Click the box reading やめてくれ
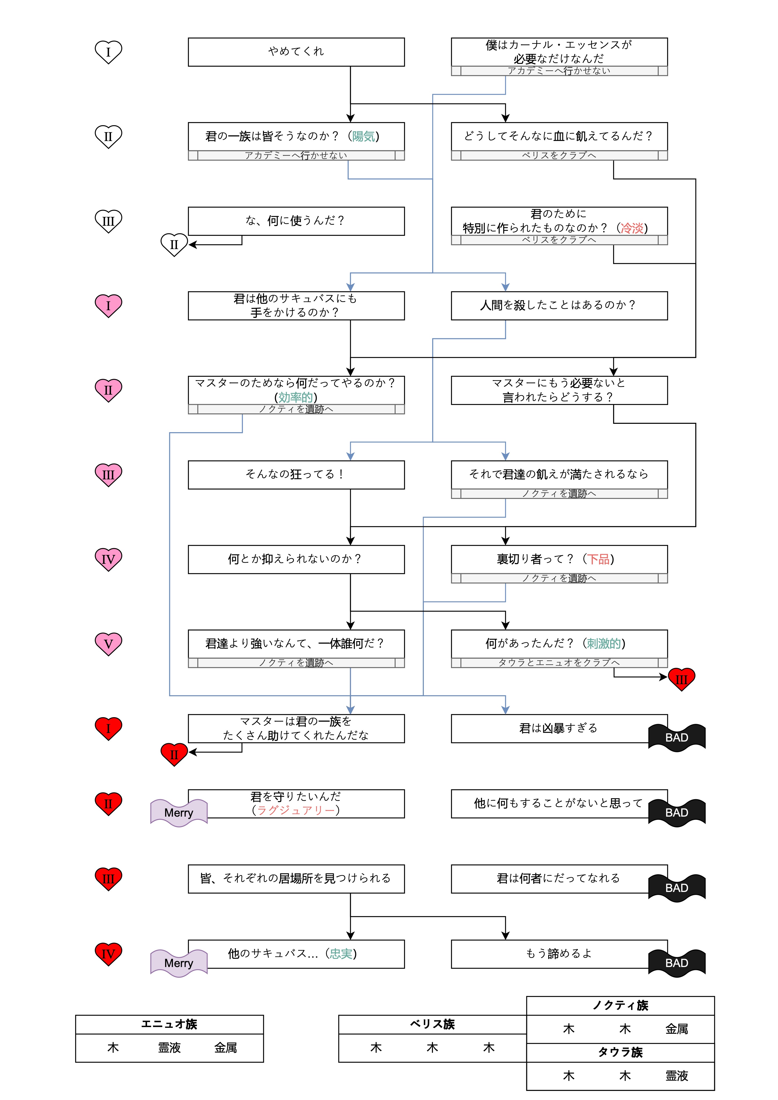click(x=296, y=52)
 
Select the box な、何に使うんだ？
click(x=296, y=221)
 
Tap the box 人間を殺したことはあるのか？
click(x=559, y=306)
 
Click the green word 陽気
click(x=363, y=136)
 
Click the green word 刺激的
click(x=604, y=643)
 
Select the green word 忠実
click(x=341, y=954)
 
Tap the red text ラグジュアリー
click(x=296, y=810)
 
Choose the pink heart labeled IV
click(x=108, y=559)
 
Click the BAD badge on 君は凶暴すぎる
click(x=676, y=737)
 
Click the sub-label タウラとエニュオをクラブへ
click(x=559, y=662)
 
